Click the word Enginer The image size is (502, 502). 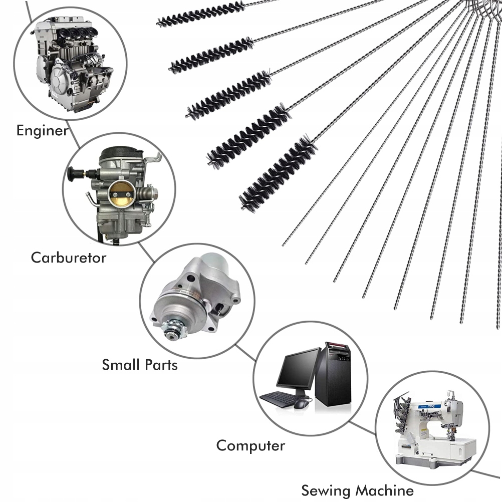[42, 131]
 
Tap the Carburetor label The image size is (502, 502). [69, 258]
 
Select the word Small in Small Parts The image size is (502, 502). [121, 364]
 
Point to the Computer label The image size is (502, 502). [250, 445]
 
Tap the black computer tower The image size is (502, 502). [334, 373]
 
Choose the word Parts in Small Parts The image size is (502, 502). [161, 364]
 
